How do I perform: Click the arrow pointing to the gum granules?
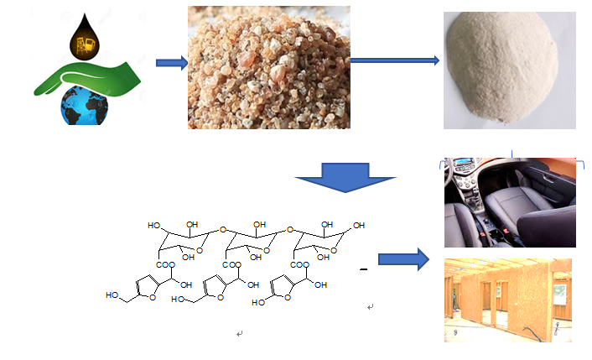pos(171,63)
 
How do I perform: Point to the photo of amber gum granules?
pos(267,65)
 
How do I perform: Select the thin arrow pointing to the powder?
pos(394,60)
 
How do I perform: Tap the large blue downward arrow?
pos(345,179)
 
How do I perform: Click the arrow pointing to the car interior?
pos(402,259)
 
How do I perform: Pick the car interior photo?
pos(509,202)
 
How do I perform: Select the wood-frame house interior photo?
pos(509,300)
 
